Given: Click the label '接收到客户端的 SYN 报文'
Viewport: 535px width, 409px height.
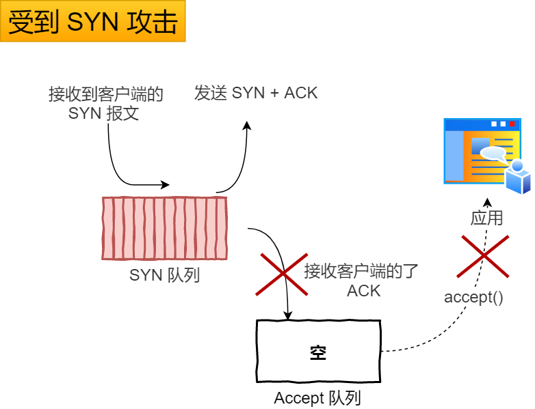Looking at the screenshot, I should click(105, 104).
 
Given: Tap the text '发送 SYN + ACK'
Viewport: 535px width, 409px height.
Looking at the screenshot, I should click(256, 93).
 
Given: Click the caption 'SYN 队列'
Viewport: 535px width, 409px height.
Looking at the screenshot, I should click(164, 276).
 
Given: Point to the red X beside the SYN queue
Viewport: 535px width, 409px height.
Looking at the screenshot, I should click(281, 273).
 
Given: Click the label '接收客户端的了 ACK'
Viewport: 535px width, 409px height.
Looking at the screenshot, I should click(361, 281).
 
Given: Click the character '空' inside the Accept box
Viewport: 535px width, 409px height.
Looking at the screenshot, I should click(318, 352).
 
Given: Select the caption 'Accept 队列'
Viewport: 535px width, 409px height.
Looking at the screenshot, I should click(317, 398).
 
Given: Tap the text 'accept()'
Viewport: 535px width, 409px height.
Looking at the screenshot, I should click(474, 297).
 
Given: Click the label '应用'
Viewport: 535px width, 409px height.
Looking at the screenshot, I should click(486, 218).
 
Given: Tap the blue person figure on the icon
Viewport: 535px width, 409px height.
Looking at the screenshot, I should click(518, 177).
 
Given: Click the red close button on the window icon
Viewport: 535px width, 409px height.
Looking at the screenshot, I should click(512, 124).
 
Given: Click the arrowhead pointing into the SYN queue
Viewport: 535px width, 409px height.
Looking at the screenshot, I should click(166, 184).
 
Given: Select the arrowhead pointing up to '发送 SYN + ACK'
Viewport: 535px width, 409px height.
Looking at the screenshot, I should click(248, 126).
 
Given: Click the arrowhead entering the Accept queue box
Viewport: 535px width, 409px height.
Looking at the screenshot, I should click(288, 315).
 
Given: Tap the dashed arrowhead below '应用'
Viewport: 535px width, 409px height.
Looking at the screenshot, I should click(487, 203).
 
